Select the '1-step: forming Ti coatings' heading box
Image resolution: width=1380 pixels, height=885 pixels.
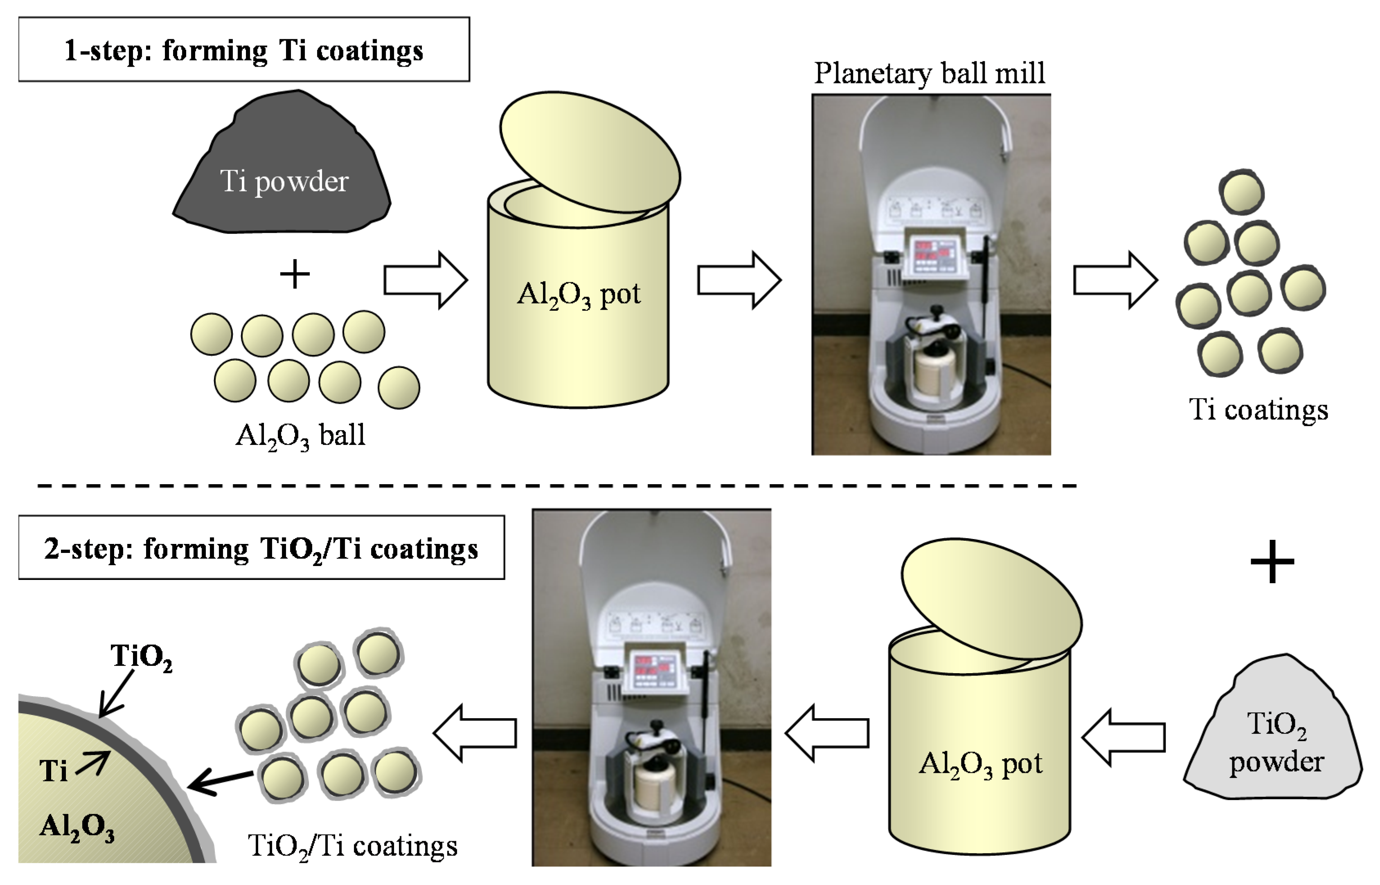click(244, 50)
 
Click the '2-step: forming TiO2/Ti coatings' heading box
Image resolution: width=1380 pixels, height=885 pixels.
click(261, 548)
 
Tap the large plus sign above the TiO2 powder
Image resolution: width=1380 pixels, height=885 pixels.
click(1272, 562)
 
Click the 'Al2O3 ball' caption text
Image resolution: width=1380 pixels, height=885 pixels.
click(300, 436)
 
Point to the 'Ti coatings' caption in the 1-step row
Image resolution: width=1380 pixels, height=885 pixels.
click(1258, 410)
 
